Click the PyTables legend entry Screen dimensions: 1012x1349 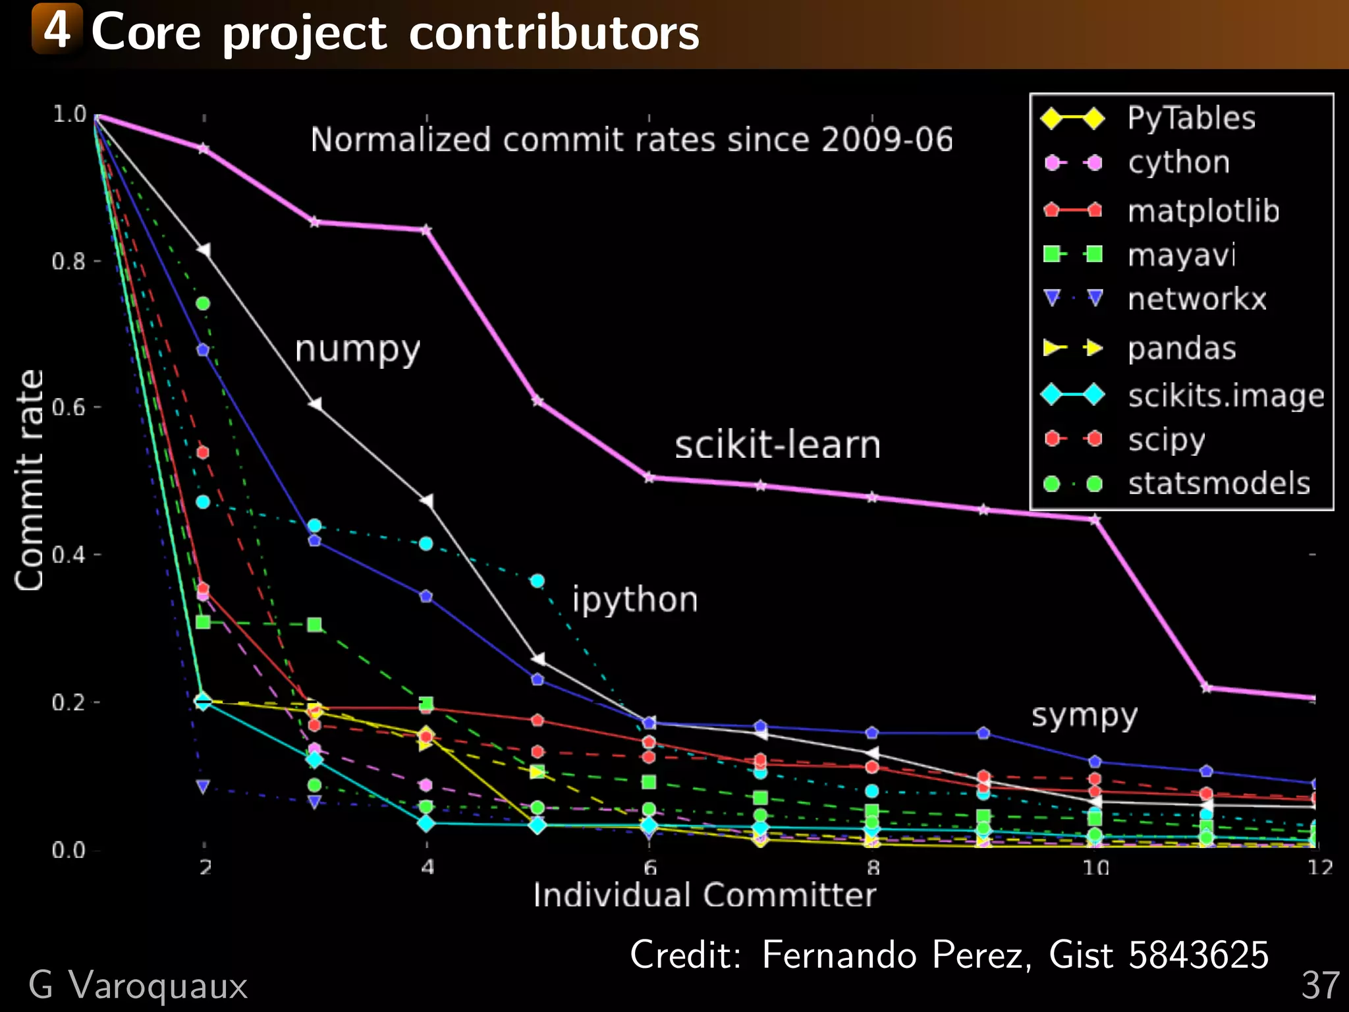point(1191,119)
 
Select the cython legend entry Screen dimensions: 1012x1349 point(1178,163)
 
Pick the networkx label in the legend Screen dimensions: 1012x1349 point(1197,299)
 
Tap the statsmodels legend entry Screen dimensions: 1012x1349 point(1219,484)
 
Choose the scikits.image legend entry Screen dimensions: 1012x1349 point(1226,396)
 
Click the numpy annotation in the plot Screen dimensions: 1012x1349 point(357,349)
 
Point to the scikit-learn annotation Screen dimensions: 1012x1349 point(777,445)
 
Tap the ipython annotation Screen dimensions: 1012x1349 point(634,600)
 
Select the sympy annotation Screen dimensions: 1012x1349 point(1084,716)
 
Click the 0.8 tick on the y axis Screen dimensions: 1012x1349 point(69,262)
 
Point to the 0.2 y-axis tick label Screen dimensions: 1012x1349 point(69,702)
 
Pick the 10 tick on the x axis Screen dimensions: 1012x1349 point(1095,868)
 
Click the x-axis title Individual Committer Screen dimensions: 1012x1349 point(704,895)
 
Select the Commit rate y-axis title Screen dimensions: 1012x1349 point(30,480)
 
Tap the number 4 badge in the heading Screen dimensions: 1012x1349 point(57,30)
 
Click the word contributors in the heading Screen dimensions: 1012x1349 point(553,33)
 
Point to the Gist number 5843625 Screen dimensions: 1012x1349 point(1198,955)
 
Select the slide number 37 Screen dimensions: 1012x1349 point(1320,986)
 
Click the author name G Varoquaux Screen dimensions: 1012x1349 point(138,986)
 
